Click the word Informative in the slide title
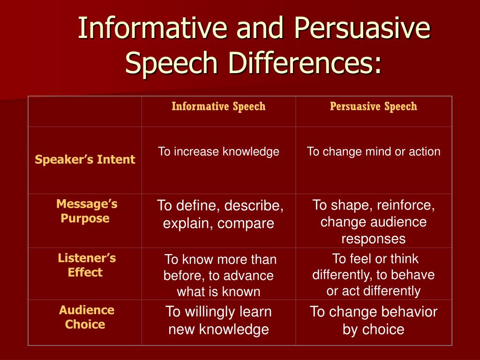coord(152,28)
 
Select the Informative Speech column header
coord(218,106)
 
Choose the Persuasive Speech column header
coord(374,106)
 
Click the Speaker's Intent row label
coord(85,159)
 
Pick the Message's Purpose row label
coord(87,211)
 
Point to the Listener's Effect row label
coord(87,265)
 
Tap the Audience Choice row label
coord(87,317)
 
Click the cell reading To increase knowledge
coord(218,151)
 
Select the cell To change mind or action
coord(374,151)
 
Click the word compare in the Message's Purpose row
coord(246,224)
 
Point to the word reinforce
coord(406,205)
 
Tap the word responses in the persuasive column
coord(374,239)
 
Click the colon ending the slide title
coord(378,65)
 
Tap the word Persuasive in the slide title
coord(362,28)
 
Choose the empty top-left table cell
coord(85,112)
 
